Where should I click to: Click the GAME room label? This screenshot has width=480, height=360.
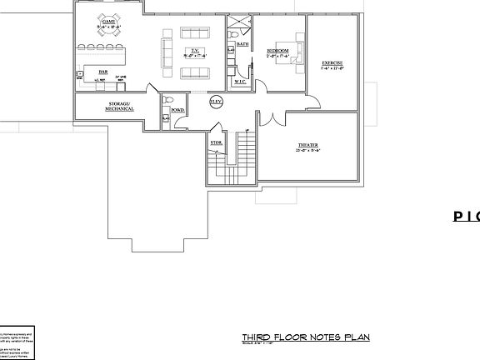(x=108, y=21)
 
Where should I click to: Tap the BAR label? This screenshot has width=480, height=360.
(x=102, y=72)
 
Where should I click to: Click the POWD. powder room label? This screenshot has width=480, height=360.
(x=177, y=109)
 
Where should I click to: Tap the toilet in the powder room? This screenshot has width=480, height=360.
(x=165, y=119)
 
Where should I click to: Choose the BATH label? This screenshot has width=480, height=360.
(x=242, y=43)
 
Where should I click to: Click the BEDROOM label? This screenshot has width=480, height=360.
(x=277, y=51)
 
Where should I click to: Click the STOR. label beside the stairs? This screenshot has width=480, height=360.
(x=216, y=142)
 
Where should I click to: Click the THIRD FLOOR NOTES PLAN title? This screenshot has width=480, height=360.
(x=300, y=337)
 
